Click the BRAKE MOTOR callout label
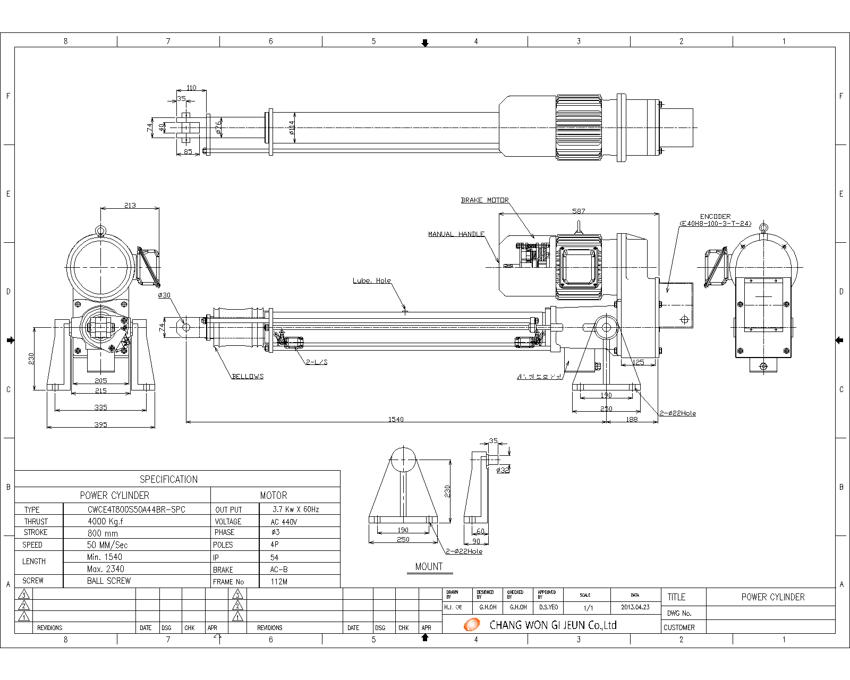point(484,200)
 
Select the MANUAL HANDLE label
point(456,234)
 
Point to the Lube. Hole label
point(371,280)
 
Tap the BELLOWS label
point(248,376)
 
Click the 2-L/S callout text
point(317,362)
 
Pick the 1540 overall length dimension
point(396,419)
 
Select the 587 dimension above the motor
point(579,211)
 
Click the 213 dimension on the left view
point(130,205)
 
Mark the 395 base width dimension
point(100,424)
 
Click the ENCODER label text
point(715,216)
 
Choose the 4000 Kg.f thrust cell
point(105,521)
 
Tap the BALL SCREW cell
point(108,581)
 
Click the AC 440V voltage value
point(284,522)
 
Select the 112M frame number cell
point(279,581)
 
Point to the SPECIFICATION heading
point(168,479)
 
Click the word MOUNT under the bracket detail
point(429,566)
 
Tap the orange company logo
point(471,625)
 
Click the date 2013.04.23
point(635,607)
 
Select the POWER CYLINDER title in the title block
point(772,597)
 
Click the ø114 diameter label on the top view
point(292,127)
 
